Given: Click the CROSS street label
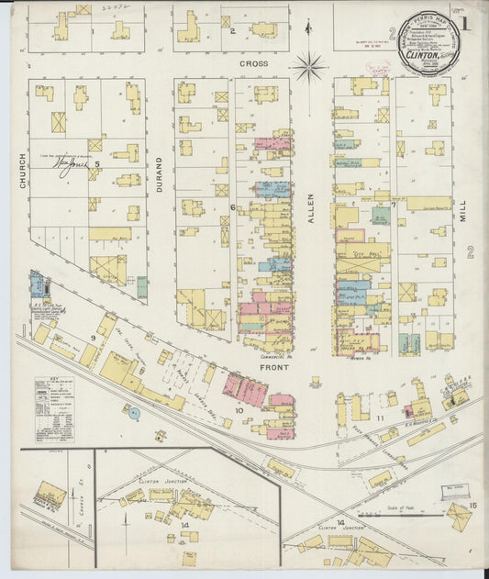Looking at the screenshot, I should (254, 64).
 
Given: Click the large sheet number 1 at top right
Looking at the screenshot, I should (465, 24).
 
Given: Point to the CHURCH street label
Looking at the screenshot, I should (22, 172).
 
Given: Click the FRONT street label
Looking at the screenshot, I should (275, 367).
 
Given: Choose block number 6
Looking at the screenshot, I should (232, 207).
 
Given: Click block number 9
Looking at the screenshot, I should (94, 338).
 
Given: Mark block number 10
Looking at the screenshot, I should (240, 410).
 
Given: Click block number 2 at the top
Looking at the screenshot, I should (233, 31).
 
